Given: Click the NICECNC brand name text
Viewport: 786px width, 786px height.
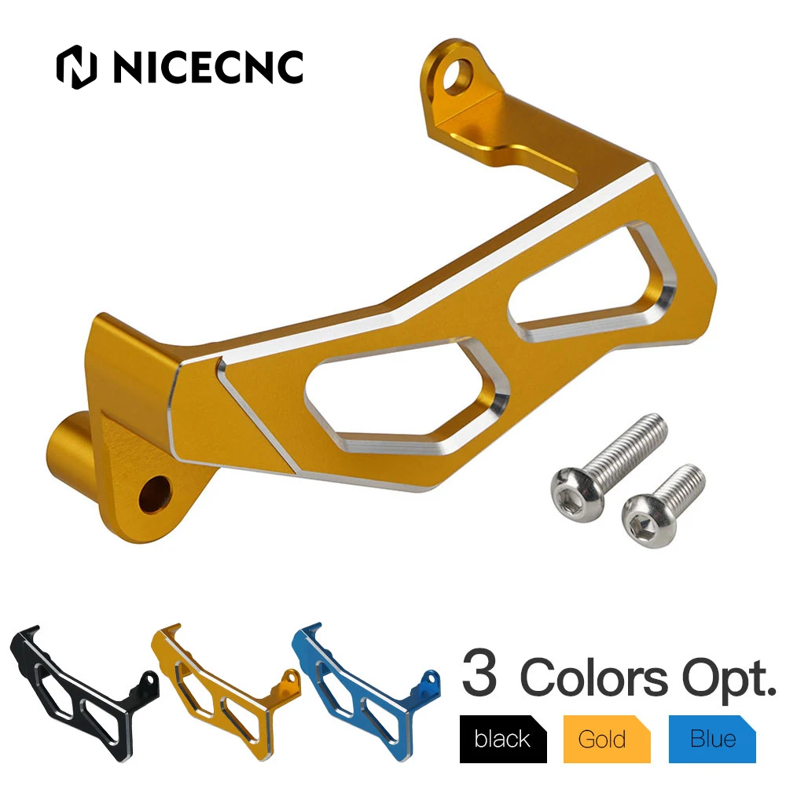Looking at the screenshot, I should point(208,68).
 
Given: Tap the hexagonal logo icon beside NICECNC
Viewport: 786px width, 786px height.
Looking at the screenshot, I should point(76,68).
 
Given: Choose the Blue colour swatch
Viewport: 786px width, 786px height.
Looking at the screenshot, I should point(712,739).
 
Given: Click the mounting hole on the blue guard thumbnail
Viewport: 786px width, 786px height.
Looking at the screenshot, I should point(429,678).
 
